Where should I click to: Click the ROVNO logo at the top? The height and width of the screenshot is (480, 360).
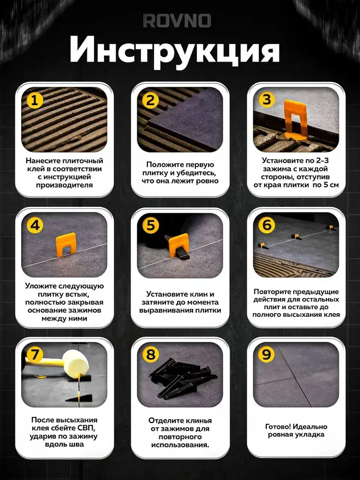177,21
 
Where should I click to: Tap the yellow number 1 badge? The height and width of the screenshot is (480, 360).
35,100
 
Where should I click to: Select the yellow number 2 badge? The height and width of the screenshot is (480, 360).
150,100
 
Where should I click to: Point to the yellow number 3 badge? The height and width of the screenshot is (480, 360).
266,99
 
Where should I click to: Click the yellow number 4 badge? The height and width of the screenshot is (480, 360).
35,225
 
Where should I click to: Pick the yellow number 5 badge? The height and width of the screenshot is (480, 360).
151,225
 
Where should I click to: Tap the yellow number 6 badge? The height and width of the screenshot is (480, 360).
266,225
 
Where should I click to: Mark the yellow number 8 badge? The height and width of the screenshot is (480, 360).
151,355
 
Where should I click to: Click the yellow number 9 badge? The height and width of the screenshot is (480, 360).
266,355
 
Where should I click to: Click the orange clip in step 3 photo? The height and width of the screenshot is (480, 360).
295,120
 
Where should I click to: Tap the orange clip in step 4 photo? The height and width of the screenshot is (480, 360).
65,244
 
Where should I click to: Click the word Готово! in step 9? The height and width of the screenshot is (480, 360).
277,426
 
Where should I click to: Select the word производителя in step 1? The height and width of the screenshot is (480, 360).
64,185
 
